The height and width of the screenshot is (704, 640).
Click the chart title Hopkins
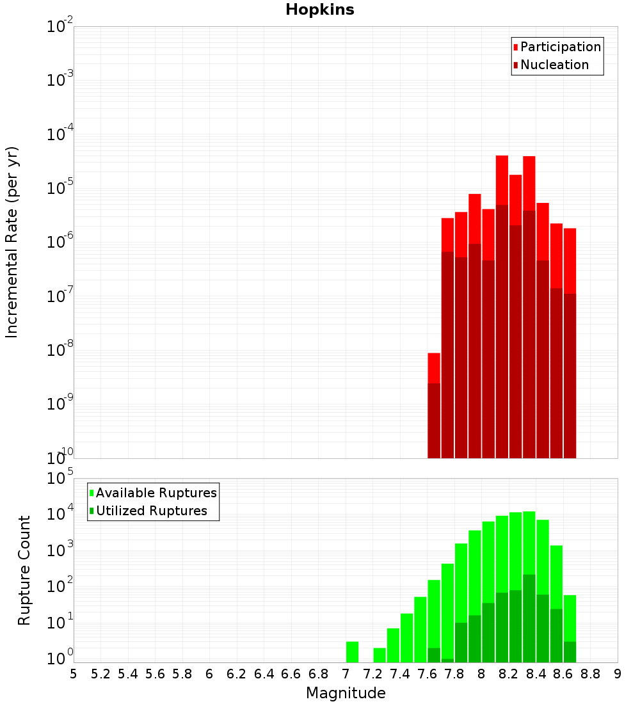(x=319, y=10)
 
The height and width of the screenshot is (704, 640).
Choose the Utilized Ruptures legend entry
(x=151, y=511)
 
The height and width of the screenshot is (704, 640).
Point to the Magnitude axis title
(x=346, y=692)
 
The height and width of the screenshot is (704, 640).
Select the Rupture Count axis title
(x=24, y=570)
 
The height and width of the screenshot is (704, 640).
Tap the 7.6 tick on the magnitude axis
(x=427, y=673)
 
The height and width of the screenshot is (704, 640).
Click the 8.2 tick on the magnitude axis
(x=509, y=673)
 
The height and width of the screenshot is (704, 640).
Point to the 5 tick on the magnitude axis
(x=74, y=673)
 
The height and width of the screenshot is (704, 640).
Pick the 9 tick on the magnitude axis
(x=618, y=673)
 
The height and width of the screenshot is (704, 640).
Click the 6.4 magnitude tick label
(x=264, y=673)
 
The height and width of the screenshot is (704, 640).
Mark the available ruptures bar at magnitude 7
(x=352, y=652)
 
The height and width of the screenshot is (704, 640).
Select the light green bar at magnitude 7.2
(x=380, y=655)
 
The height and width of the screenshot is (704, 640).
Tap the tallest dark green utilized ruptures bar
(x=529, y=618)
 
